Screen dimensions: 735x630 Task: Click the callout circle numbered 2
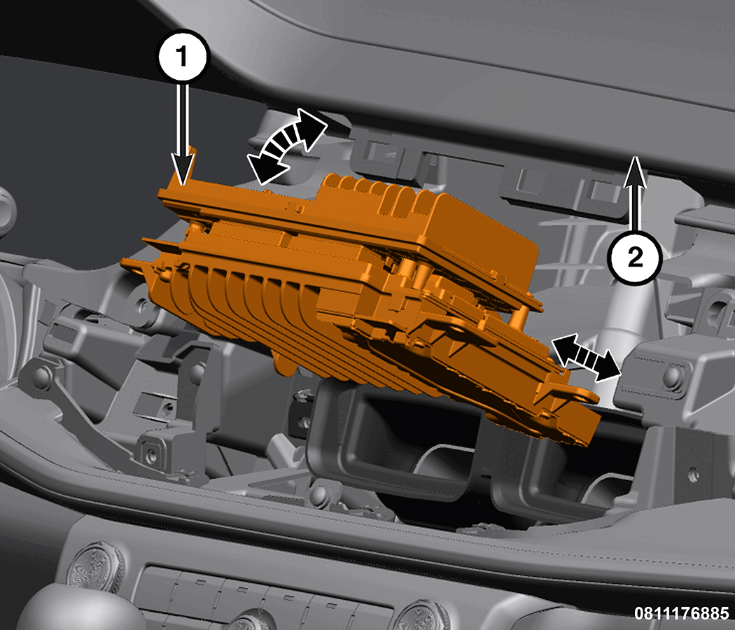click(x=634, y=258)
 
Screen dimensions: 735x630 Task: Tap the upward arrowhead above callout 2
click(x=635, y=171)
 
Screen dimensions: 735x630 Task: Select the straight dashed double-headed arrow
click(x=586, y=358)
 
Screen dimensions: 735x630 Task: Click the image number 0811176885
click(x=682, y=613)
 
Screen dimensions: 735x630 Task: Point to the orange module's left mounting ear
click(x=134, y=266)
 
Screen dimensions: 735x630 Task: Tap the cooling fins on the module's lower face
click(x=244, y=304)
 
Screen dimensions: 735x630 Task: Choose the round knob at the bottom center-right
click(x=422, y=617)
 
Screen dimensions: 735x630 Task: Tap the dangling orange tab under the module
click(x=283, y=364)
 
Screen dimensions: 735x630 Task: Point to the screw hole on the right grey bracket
click(x=673, y=375)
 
